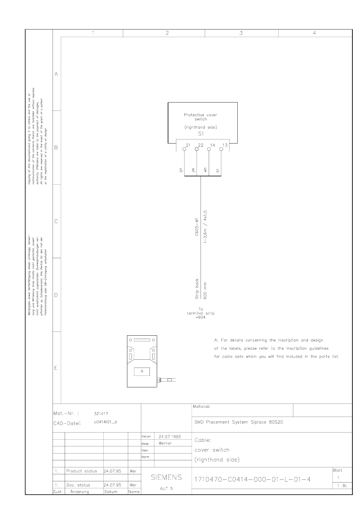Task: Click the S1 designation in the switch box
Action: (201, 134)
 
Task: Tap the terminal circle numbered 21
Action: (184, 149)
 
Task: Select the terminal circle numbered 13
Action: (221, 149)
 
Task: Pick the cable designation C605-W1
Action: (197, 227)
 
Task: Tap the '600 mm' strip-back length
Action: (205, 291)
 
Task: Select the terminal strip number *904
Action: (201, 317)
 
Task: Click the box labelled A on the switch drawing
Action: (142, 372)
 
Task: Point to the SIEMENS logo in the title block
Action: (167, 477)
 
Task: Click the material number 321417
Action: (101, 413)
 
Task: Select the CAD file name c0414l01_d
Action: (105, 422)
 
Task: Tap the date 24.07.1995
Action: (170, 437)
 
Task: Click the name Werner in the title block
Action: (165, 443)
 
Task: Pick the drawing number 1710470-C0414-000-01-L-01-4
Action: (253, 479)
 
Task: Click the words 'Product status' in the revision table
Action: (81, 471)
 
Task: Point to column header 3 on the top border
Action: (241, 33)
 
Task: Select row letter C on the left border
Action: (56, 221)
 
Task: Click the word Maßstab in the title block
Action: (201, 406)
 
